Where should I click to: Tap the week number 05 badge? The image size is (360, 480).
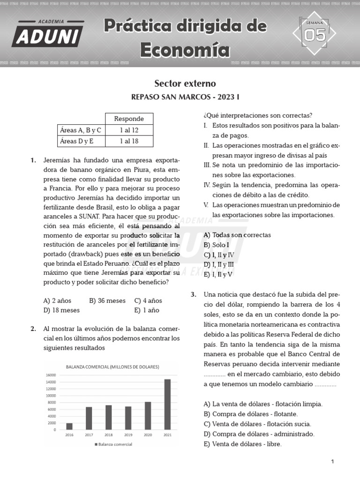coord(315,35)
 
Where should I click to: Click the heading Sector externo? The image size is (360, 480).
coord(185,83)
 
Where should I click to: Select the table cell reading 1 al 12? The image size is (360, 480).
coord(129,130)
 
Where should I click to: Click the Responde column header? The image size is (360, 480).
coord(129,119)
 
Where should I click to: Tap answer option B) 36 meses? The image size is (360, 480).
coord(107,300)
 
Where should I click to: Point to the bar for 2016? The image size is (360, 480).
coord(69,426)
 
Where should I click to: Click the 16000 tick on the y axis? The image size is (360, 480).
coord(51,375)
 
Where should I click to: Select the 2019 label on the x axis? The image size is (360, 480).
coord(128,435)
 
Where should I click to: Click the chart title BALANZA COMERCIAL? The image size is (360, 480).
coord(112,367)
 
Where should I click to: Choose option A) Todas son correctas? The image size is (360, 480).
coord(237,235)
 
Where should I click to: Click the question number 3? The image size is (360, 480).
coord(193,294)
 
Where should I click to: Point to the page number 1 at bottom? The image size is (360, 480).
coord(332,462)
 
